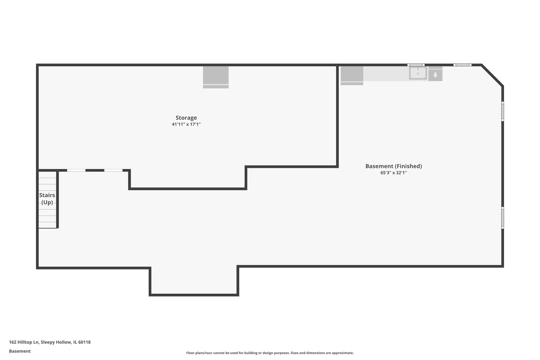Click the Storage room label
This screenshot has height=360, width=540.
[x=186, y=118]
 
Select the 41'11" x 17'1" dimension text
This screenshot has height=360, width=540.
[x=186, y=124]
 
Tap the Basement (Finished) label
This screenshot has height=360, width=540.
[x=393, y=166]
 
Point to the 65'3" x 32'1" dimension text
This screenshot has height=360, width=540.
[x=393, y=173]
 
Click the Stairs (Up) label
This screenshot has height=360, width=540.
[x=47, y=199]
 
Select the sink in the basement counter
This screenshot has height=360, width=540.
[x=418, y=73]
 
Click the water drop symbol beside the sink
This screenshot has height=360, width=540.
[x=435, y=75]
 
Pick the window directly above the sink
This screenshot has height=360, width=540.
[x=416, y=65]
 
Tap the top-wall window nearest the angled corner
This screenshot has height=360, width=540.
[x=462, y=65]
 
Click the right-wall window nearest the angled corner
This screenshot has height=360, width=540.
[x=503, y=111]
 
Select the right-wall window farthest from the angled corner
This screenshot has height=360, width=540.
[x=503, y=217]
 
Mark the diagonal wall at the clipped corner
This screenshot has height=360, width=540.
[x=492, y=75]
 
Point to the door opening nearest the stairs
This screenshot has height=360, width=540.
[x=76, y=170]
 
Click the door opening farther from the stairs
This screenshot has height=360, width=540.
[x=113, y=170]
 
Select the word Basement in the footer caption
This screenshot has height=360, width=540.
[x=20, y=351]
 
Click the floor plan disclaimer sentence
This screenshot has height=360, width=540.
[x=270, y=353]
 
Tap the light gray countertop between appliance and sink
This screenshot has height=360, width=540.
[x=386, y=74]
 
